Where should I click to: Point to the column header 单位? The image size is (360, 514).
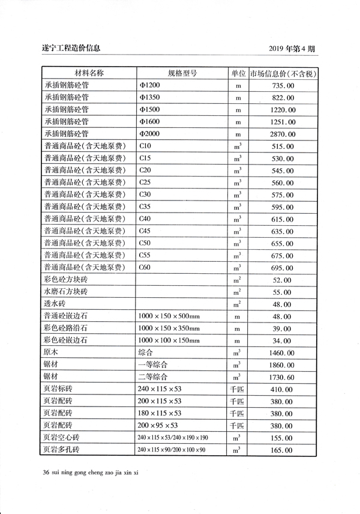[x=238, y=73]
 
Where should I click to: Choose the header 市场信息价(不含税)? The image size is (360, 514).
[x=283, y=74]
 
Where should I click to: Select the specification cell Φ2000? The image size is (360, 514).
[x=149, y=134]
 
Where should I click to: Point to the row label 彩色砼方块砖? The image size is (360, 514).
[x=66, y=280]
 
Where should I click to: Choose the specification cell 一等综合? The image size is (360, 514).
[x=153, y=364]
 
